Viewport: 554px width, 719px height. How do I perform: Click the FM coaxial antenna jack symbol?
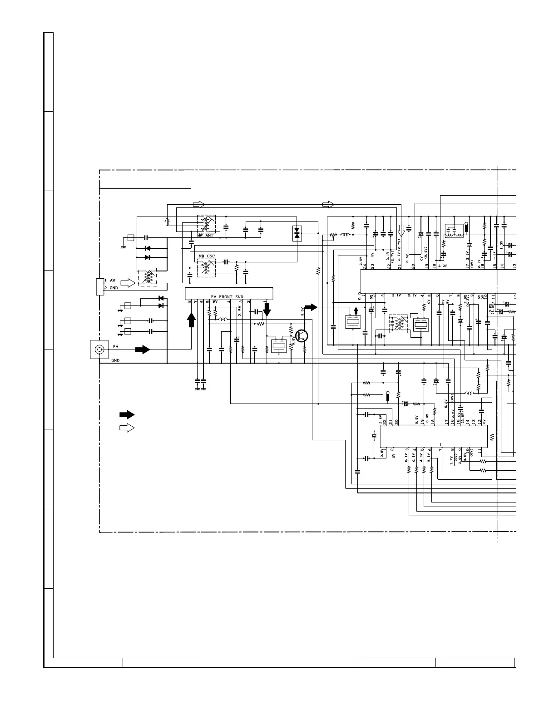click(98, 350)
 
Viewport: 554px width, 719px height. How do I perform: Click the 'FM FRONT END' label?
click(227, 297)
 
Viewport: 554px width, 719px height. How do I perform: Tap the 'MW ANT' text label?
click(205, 235)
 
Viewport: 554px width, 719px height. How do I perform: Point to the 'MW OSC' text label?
click(207, 256)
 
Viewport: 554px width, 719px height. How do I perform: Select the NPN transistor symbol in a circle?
click(302, 336)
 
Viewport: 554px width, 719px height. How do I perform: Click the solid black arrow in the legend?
click(127, 414)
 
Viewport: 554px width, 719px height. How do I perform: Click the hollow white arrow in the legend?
click(127, 428)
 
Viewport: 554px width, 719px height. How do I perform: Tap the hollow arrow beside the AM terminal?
click(128, 283)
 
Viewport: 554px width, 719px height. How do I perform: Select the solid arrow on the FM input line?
click(143, 350)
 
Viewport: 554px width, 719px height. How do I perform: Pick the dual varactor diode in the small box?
click(297, 233)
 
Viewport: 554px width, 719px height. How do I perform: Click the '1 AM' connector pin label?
click(110, 281)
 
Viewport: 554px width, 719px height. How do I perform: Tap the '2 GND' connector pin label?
click(111, 288)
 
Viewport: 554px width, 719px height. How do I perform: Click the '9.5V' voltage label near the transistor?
click(302, 312)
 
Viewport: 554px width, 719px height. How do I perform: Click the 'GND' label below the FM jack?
click(115, 360)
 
